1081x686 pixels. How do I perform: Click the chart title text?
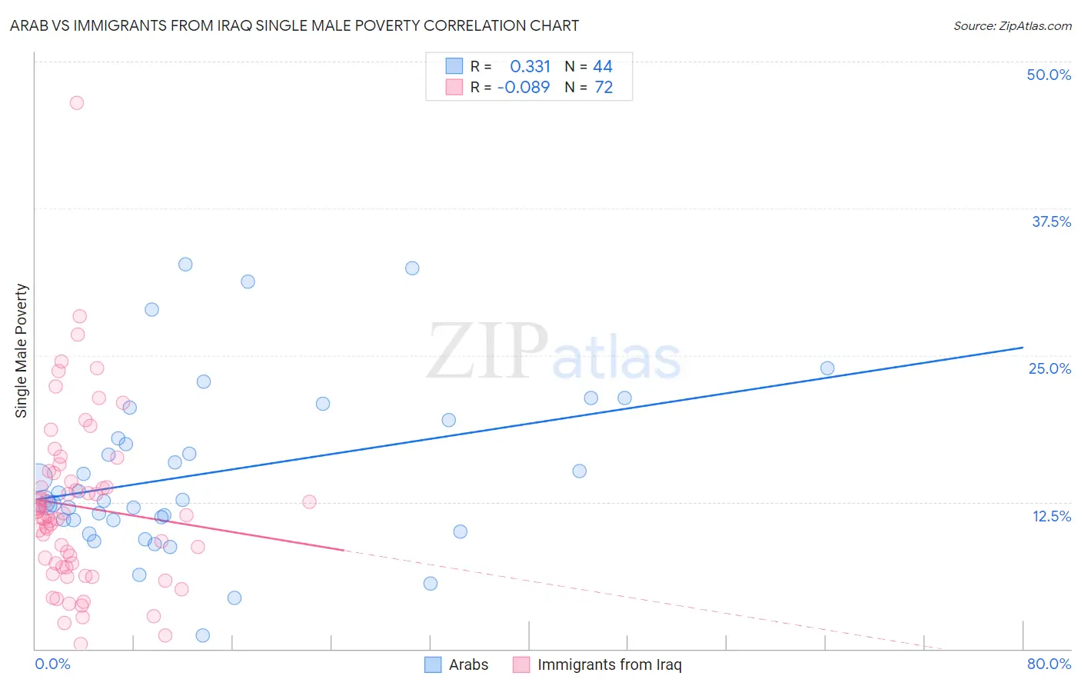pos(294,25)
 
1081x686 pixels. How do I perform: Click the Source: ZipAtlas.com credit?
pos(1012,25)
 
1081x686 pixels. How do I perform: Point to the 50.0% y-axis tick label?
pos(1049,75)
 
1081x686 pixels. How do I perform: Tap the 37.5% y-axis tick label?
pos(1051,221)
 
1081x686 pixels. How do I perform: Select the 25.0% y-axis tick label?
pos(1049,368)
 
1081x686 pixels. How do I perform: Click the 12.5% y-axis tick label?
pos(1051,516)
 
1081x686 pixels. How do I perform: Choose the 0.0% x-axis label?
pos(52,664)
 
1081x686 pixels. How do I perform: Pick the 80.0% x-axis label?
pos(1049,664)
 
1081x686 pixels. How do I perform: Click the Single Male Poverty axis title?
pos(22,351)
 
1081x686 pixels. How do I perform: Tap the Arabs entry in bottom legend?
pos(468,664)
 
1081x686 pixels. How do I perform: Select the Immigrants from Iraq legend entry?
pos(609,664)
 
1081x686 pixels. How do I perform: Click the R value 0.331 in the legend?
pos(530,67)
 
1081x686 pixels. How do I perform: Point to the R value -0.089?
pos(524,88)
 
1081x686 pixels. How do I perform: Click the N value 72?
pos(604,88)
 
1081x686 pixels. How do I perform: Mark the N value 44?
pos(603,67)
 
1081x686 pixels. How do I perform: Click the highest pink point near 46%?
pos(77,103)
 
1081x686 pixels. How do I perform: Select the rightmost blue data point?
pos(827,368)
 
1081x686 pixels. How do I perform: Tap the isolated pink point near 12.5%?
pos(309,501)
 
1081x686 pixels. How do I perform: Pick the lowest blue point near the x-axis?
pos(203,635)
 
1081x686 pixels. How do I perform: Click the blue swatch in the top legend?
pos(454,66)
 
